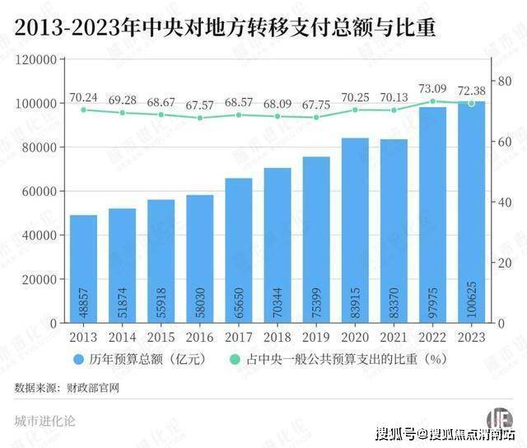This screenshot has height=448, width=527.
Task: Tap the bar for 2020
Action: (x=355, y=231)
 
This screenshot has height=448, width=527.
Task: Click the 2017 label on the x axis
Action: (x=239, y=338)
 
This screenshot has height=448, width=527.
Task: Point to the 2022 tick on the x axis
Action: (x=432, y=338)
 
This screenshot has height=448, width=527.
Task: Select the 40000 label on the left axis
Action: (x=39, y=235)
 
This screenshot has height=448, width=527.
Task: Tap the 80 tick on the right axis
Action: (x=500, y=80)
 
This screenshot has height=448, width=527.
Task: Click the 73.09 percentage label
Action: (x=433, y=88)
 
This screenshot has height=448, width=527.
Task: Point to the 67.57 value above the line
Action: (x=199, y=105)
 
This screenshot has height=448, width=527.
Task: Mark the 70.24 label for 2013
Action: (x=83, y=97)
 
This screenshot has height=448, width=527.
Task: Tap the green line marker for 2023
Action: (x=471, y=103)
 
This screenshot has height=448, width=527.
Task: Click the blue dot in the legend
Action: (x=77, y=359)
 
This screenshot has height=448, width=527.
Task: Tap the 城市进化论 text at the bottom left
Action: (x=45, y=420)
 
